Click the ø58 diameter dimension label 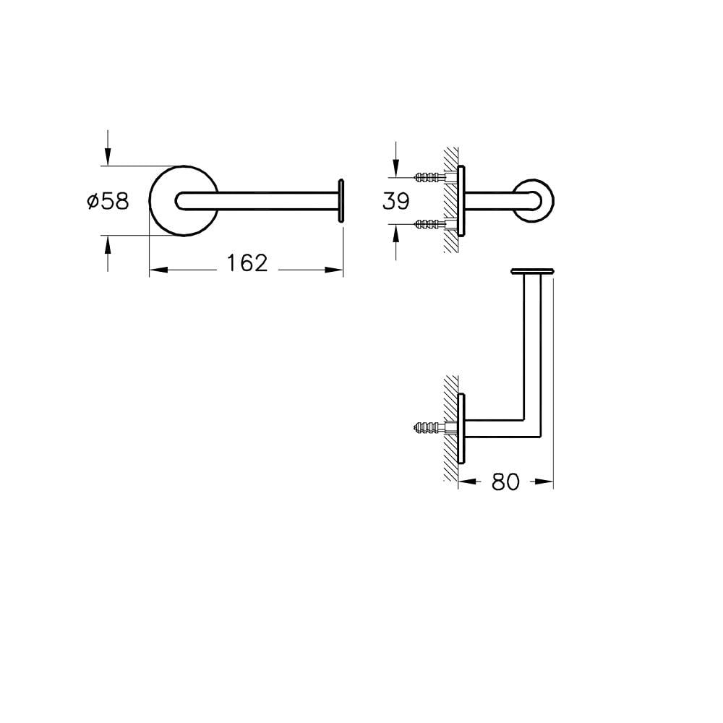pyautogui.click(x=107, y=201)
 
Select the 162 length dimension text pyautogui.click(x=244, y=263)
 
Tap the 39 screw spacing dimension pyautogui.click(x=395, y=200)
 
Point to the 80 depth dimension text pyautogui.click(x=505, y=482)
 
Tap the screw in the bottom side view pyautogui.click(x=430, y=429)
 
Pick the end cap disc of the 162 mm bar pyautogui.click(x=341, y=200)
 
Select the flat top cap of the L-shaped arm pyautogui.click(x=533, y=270)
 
